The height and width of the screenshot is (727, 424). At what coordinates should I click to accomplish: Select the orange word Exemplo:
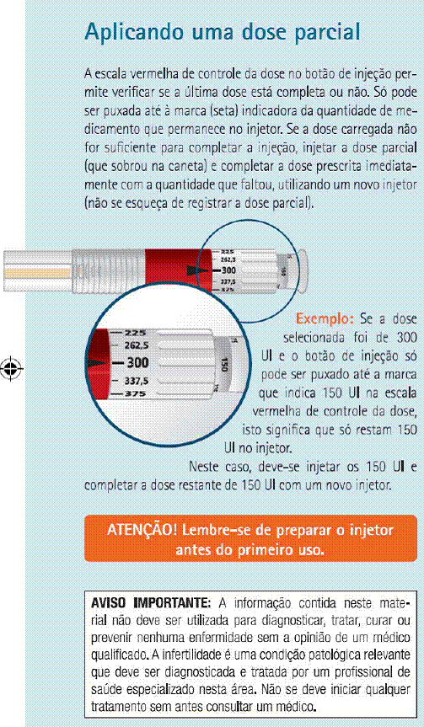[x=325, y=319]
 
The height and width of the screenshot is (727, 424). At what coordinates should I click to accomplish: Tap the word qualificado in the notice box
[x=114, y=656]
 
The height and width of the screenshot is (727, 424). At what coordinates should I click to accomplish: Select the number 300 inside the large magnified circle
[x=137, y=362]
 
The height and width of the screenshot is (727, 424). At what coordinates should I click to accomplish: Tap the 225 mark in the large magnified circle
[x=136, y=333]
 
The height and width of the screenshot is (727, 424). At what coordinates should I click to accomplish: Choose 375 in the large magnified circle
[x=136, y=394]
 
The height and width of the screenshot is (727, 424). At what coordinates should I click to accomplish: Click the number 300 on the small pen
[x=228, y=270]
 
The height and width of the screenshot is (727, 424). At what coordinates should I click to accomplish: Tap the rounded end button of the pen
[x=301, y=271]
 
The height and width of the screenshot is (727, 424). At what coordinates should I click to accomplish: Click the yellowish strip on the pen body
[x=38, y=273]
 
